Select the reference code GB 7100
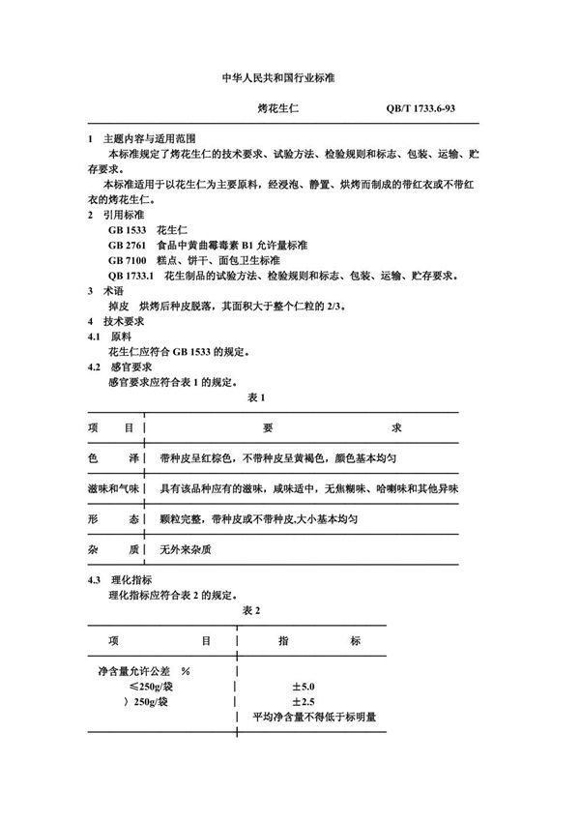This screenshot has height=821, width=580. click(x=129, y=261)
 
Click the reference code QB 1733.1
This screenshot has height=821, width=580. click(x=133, y=277)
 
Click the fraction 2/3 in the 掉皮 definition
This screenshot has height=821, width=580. click(x=351, y=306)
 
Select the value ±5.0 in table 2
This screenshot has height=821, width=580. click(x=304, y=686)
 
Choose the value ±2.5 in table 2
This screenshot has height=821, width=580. click(x=304, y=701)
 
